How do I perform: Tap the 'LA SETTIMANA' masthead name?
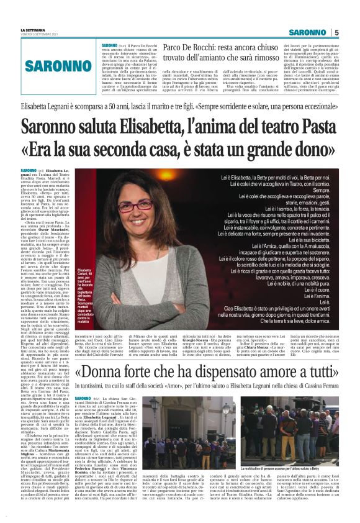33,30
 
